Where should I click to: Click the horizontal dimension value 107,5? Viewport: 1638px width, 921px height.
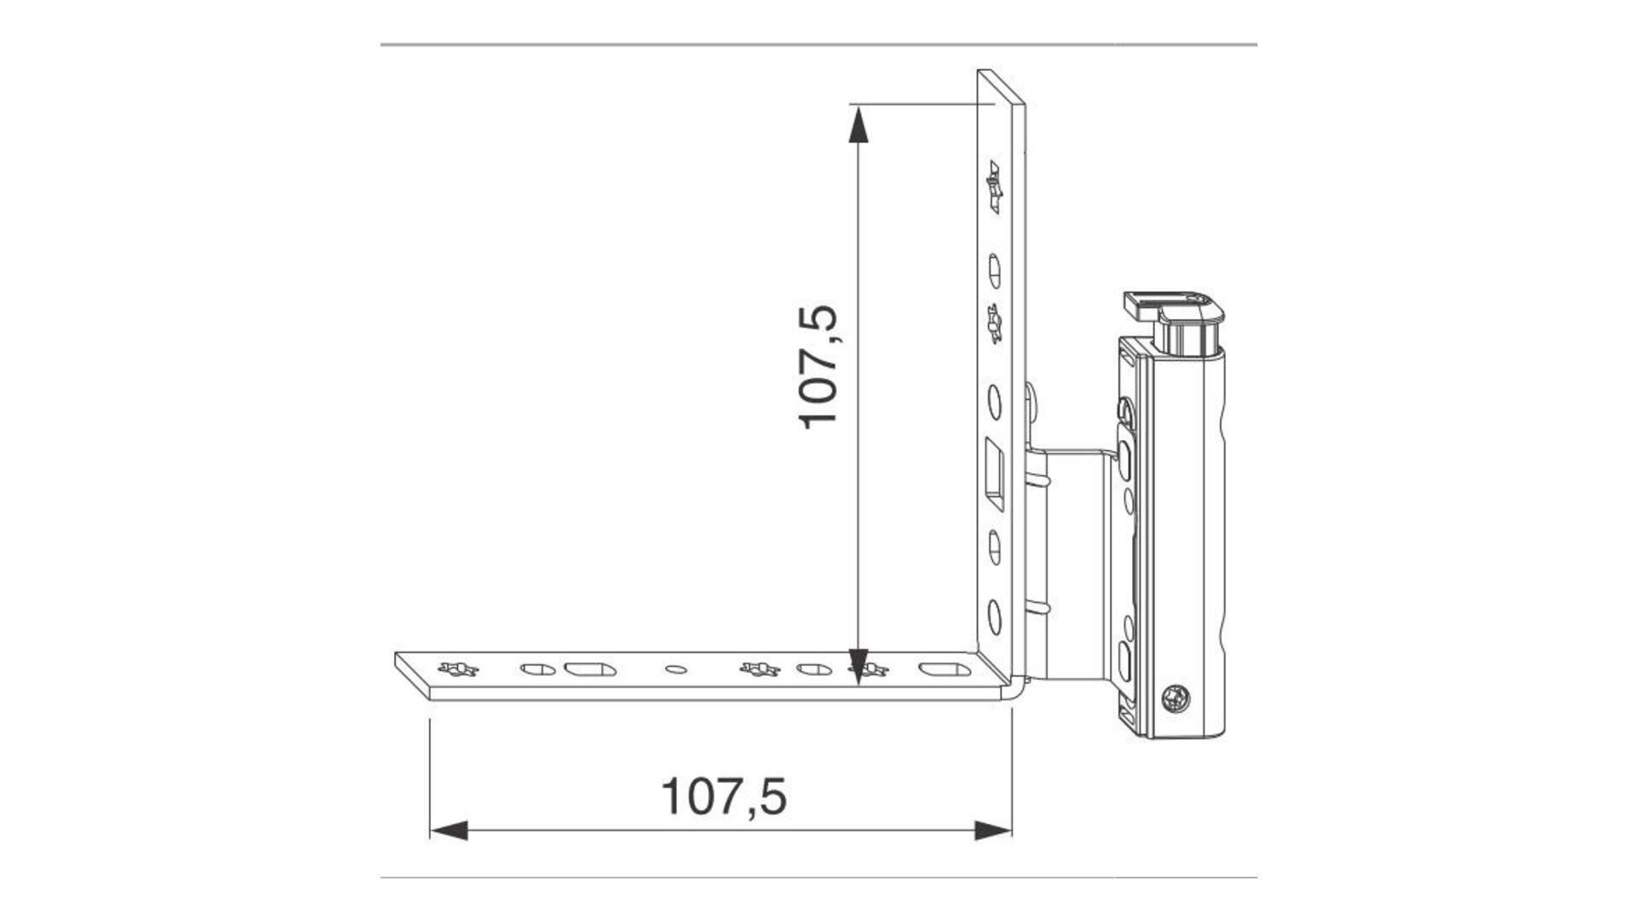tap(723, 796)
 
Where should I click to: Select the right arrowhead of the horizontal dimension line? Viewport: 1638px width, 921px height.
tap(993, 830)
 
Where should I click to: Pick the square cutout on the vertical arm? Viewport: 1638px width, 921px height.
tap(996, 474)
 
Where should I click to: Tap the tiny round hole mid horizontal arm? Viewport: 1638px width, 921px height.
tap(674, 669)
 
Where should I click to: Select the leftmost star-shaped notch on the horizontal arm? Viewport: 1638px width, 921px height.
tap(458, 669)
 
